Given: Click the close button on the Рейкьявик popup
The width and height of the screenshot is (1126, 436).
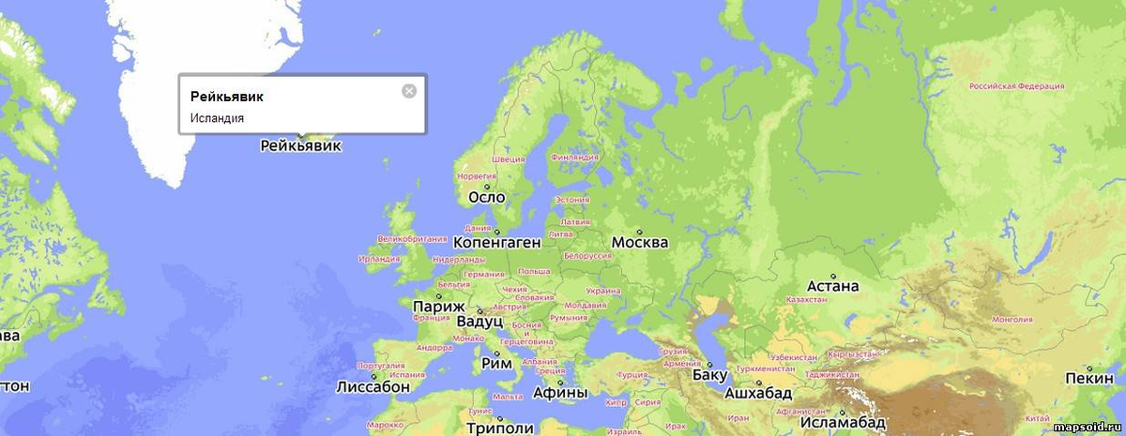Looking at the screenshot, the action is tap(408, 91).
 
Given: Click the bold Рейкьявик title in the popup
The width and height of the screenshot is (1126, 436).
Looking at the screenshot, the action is tap(227, 97).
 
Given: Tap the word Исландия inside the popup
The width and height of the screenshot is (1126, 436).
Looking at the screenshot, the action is tap(217, 118).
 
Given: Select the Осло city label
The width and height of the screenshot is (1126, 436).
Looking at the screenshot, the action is tap(486, 197).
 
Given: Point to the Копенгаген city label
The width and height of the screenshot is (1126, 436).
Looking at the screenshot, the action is tap(496, 242).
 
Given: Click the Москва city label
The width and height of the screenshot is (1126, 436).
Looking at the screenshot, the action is tap(639, 242).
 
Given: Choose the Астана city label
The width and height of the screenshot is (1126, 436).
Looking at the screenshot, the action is tap(832, 286).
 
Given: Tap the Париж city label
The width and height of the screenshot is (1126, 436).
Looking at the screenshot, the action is tap(438, 306).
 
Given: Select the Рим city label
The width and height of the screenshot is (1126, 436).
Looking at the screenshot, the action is tap(495, 363).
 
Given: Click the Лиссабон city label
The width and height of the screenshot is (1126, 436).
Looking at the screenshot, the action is tap(373, 385).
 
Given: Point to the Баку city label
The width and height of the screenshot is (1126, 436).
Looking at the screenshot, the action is tap(708, 376).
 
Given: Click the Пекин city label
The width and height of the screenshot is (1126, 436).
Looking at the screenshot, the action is tap(1088, 378).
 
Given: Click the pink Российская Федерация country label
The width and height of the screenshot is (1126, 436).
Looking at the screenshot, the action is tap(1016, 85).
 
